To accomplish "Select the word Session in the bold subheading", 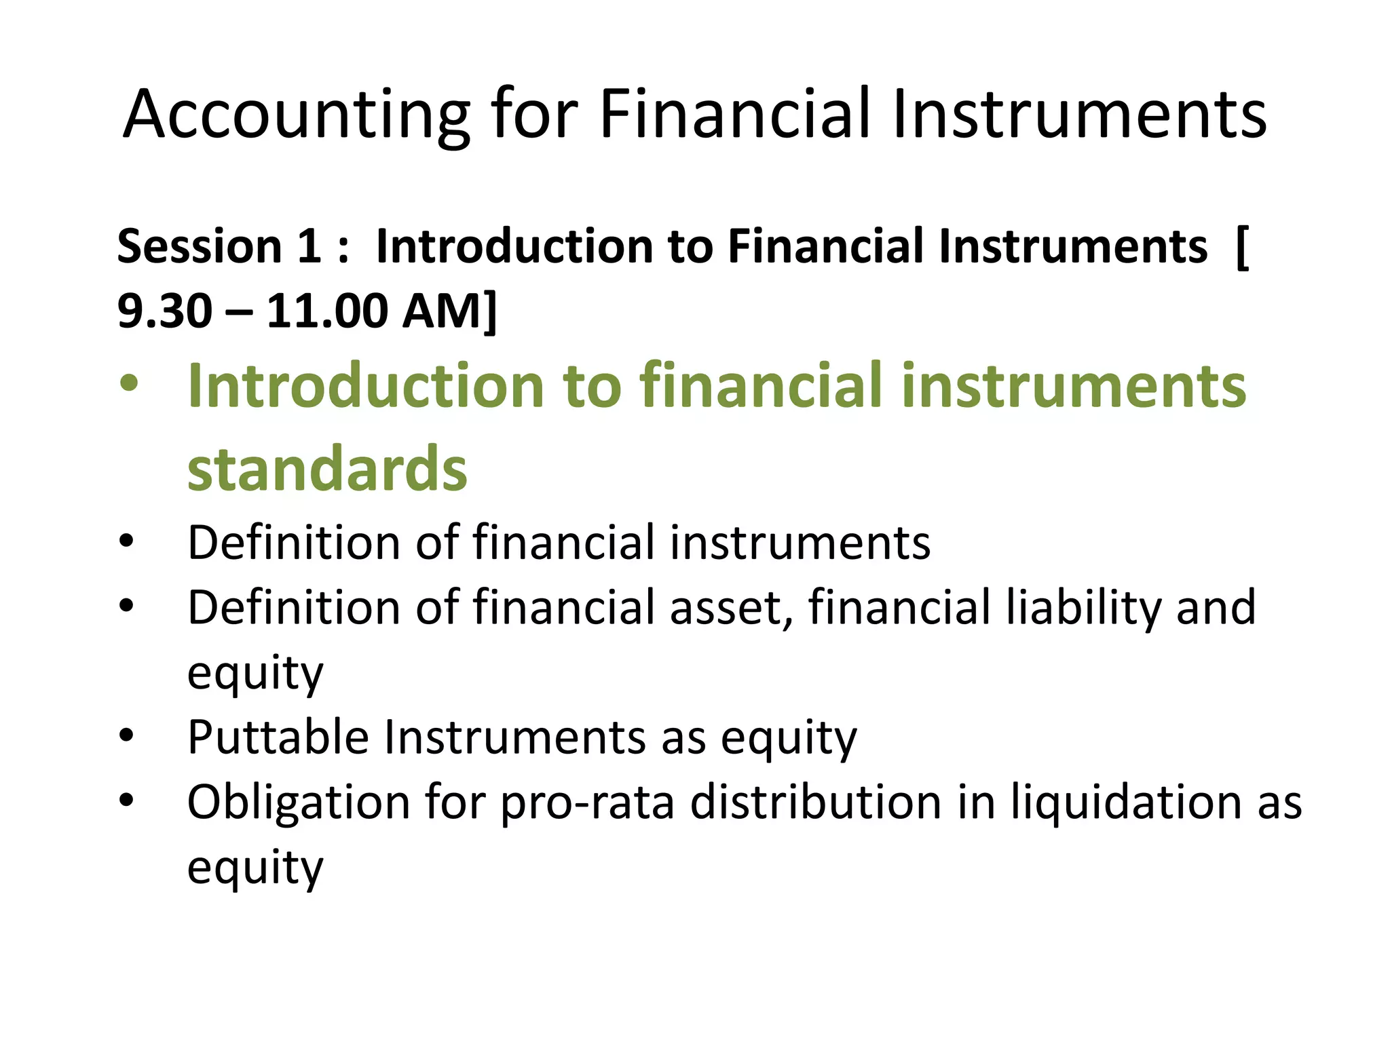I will click(199, 246).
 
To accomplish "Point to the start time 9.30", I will click(164, 311).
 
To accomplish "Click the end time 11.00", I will click(328, 311).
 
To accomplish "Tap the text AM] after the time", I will click(449, 311).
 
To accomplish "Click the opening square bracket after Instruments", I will click(1241, 247).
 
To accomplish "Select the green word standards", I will click(327, 469).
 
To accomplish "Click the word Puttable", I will click(278, 737).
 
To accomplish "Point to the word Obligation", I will click(299, 803).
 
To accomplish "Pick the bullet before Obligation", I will click(126, 800).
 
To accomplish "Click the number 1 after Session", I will click(309, 246).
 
